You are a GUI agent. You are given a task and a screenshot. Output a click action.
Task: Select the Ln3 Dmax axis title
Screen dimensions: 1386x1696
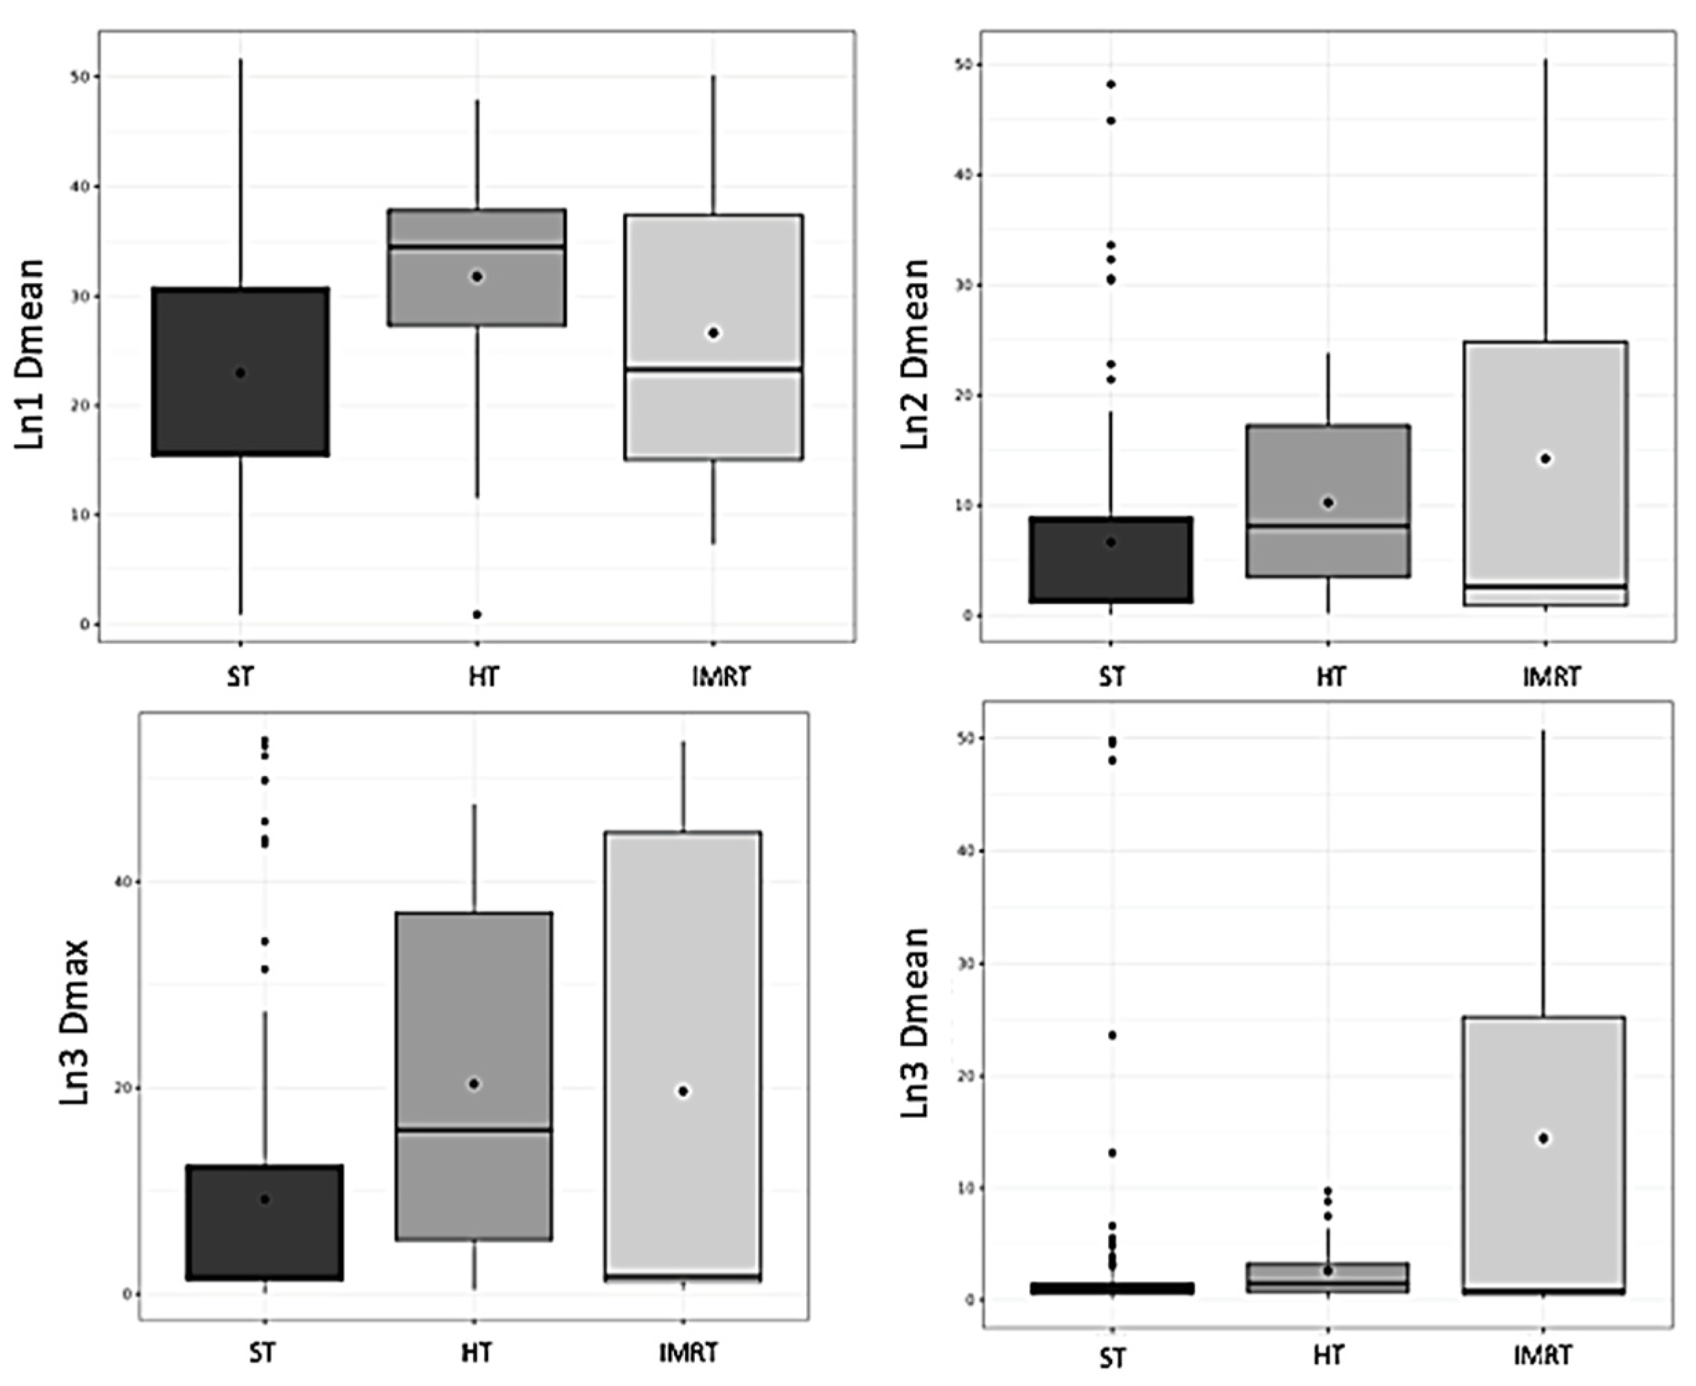coord(74,1022)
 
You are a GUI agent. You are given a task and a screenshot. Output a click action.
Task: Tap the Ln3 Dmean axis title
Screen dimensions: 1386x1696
coord(916,1022)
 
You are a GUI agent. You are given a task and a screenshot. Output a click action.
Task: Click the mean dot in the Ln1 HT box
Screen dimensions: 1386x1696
coord(477,277)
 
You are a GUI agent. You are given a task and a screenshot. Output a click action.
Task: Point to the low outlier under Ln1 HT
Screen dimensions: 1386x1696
coord(477,614)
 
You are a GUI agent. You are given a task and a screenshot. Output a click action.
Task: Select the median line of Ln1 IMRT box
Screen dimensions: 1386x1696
coord(713,370)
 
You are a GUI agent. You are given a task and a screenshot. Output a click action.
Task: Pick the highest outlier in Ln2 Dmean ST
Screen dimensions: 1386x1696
coord(1110,85)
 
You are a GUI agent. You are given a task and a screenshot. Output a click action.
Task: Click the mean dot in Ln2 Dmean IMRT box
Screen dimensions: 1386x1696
coord(1545,459)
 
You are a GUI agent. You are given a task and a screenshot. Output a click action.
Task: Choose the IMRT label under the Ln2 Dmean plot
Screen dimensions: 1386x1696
coord(1551,677)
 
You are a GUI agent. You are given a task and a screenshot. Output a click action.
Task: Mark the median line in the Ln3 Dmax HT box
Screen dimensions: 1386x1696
coord(474,1131)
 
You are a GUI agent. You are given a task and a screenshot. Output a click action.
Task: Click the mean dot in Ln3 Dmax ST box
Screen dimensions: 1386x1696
coord(265,1199)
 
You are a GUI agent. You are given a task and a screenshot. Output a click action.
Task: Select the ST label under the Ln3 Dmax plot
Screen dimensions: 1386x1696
coord(262,1352)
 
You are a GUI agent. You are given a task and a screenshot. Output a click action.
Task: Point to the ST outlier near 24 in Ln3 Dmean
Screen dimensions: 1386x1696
coord(1111,1036)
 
